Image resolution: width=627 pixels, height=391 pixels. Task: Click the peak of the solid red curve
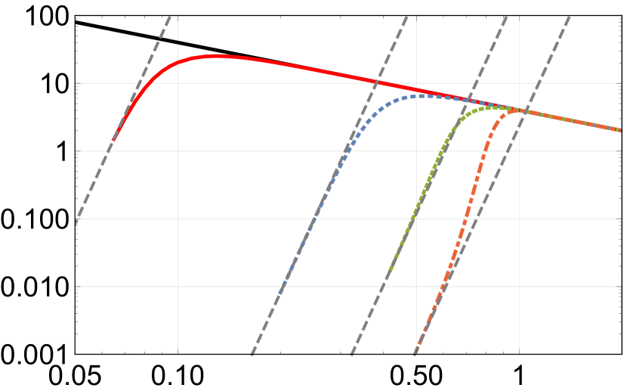click(217, 55)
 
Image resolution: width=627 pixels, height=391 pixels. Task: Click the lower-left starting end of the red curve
click(113, 140)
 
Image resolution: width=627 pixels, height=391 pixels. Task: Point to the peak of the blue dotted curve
click(422, 95)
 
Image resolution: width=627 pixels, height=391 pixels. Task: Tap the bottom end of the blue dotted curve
click(280, 292)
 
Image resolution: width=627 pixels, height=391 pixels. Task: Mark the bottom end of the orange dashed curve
click(415, 353)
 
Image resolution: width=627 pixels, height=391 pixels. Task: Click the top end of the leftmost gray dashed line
click(170, 16)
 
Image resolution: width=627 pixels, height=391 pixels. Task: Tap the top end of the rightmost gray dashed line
click(569, 16)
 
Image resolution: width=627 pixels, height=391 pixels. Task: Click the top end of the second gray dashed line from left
click(407, 16)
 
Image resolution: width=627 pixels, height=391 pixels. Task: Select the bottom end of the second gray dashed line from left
click(252, 353)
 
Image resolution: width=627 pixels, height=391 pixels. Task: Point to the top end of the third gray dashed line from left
click(505, 16)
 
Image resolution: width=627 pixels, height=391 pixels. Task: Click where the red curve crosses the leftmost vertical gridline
click(178, 64)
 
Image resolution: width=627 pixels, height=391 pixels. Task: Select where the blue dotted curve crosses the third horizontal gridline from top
click(316, 219)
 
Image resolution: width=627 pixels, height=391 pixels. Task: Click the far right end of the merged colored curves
click(621, 130)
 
